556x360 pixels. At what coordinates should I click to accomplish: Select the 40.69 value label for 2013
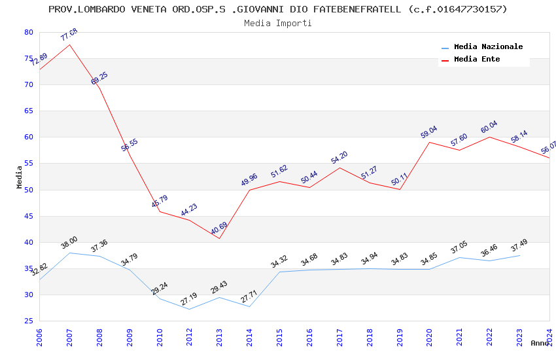click(x=219, y=229)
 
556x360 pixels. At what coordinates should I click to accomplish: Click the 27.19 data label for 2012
click(x=189, y=299)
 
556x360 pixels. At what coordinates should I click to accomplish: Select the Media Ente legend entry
click(x=477, y=60)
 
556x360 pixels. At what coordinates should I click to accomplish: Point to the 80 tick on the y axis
click(x=28, y=32)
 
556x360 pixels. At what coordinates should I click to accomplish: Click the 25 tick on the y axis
click(x=28, y=321)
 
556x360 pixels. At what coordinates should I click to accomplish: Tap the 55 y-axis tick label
click(x=28, y=164)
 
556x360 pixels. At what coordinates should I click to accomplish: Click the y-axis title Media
click(x=20, y=177)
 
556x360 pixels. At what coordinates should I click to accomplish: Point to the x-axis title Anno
click(x=540, y=343)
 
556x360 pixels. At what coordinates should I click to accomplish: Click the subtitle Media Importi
click(x=278, y=23)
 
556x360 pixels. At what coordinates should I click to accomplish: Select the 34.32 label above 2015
click(x=279, y=262)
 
